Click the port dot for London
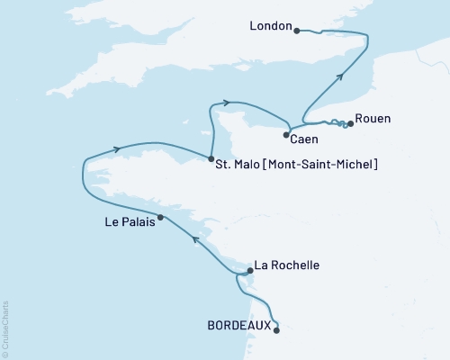tap(296, 28)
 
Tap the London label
tap(271, 28)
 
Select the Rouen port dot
tap(350, 124)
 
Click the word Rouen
tap(373, 118)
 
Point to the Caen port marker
tap(286, 135)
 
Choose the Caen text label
tap(304, 139)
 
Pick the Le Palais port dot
tap(160, 217)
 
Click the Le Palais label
tap(129, 224)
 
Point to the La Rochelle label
tap(287, 265)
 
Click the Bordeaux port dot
tap(276, 330)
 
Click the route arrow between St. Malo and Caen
tap(226, 103)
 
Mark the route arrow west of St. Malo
tap(117, 149)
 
